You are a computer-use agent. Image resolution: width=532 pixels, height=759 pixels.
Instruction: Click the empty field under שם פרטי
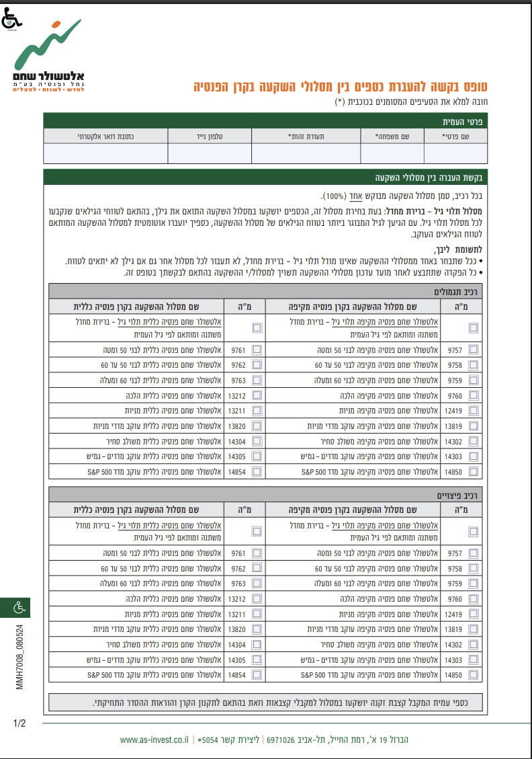(455, 154)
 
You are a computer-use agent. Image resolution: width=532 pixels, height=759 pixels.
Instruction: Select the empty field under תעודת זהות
(306, 154)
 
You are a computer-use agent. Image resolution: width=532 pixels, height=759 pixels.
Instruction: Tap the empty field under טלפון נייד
(210, 154)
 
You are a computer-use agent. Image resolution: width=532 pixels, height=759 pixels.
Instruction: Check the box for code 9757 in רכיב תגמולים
(474, 350)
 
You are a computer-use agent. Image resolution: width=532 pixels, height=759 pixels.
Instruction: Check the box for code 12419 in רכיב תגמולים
(474, 410)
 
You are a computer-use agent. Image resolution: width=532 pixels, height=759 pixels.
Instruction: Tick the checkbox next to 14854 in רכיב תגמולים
(257, 472)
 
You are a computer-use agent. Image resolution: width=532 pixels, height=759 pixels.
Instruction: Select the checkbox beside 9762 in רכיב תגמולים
(257, 365)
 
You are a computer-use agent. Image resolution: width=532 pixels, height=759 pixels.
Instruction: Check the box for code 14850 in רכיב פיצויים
(474, 674)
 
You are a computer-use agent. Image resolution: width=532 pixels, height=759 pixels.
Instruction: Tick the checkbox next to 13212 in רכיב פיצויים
(257, 599)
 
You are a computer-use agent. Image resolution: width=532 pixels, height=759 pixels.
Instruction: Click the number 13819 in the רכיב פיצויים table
(453, 629)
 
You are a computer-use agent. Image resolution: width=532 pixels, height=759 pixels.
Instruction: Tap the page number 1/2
(19, 724)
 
